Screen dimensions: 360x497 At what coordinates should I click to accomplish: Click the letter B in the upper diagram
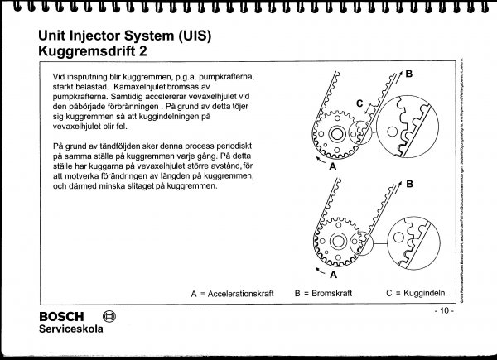click(409, 74)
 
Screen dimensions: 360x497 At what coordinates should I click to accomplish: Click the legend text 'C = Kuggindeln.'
click(419, 293)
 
